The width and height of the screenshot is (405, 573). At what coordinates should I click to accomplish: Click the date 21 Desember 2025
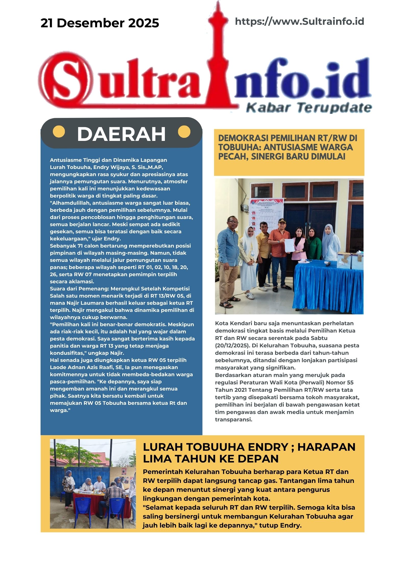100,23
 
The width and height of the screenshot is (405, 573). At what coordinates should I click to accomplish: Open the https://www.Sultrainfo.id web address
299,21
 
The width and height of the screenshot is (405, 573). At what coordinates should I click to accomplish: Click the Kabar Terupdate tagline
309,107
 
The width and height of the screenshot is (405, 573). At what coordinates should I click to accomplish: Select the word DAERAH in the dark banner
121,134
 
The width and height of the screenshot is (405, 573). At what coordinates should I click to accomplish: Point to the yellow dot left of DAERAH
59,132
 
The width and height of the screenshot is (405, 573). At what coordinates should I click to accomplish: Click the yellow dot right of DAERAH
184,132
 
